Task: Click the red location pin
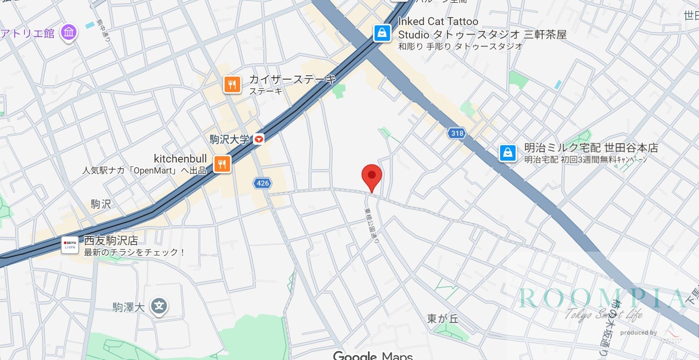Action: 371,175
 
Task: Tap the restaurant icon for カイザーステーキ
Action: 232,85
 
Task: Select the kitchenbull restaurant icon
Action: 222,163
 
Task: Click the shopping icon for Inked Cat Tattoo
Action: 382,33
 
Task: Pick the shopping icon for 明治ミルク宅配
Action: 507,153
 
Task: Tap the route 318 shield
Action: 457,134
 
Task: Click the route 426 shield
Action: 263,183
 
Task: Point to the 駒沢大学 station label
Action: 229,139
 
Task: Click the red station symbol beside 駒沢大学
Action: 259,139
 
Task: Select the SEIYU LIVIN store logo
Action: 70,245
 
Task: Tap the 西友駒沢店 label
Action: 111,241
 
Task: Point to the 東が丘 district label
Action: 443,318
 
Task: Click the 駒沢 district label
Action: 101,204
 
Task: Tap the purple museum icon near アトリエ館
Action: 69,33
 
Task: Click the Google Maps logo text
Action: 373,356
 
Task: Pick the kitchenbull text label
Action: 180,159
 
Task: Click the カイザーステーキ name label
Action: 292,80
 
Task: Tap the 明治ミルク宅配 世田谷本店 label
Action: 591,148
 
